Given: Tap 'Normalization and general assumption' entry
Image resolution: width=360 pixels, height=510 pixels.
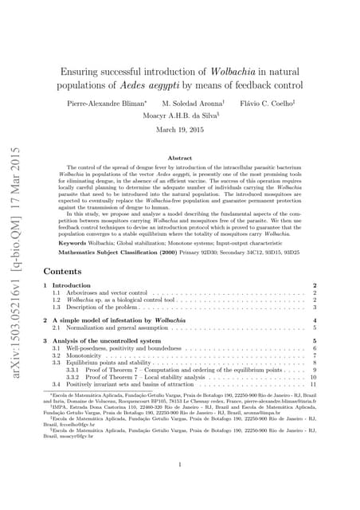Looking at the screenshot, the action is click(112, 328).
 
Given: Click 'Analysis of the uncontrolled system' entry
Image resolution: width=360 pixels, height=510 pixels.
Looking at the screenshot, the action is click(104, 341).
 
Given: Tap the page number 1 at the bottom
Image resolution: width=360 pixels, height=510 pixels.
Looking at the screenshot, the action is click(181, 465).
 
